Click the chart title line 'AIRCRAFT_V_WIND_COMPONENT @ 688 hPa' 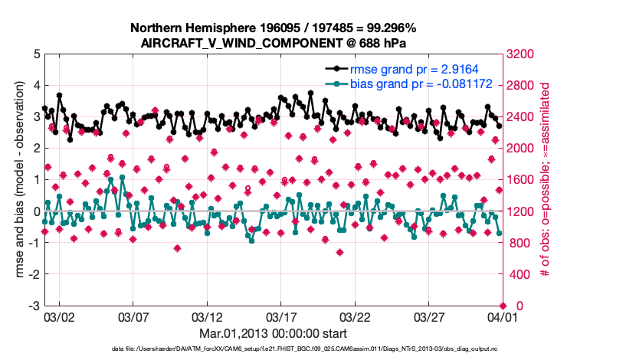pos(274,43)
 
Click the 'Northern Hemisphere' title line pos(274,28)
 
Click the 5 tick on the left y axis pos(35,54)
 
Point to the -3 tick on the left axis pos(33,306)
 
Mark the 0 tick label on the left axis pos(35,211)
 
